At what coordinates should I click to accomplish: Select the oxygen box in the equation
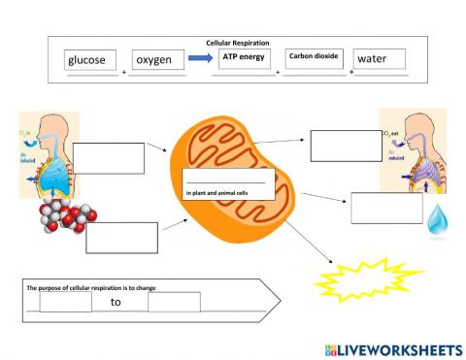158,60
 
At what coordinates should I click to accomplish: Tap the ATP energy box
243,58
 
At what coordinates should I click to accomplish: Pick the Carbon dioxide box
313,57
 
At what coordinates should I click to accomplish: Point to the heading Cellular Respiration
238,44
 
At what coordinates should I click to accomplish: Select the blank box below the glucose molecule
121,237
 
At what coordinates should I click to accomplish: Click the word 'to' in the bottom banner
116,302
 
